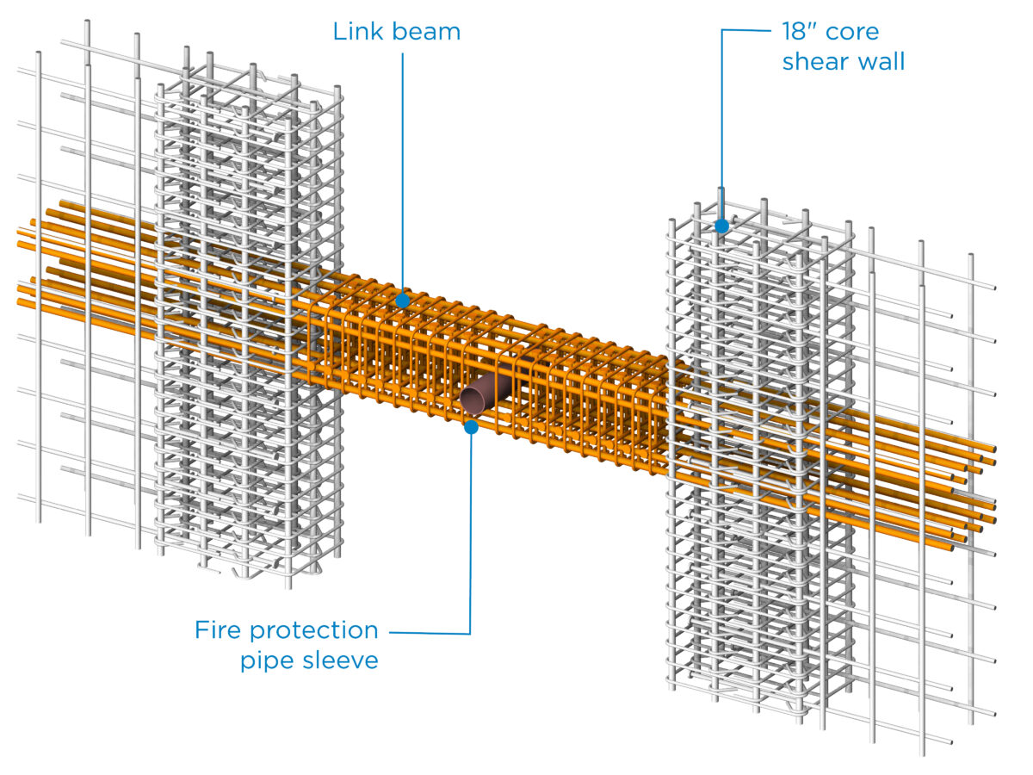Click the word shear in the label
(813, 62)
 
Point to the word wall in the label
(878, 62)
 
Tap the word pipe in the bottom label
(262, 662)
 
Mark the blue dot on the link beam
(402, 301)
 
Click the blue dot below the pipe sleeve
(471, 425)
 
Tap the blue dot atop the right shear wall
(721, 226)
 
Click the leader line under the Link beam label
(402, 172)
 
